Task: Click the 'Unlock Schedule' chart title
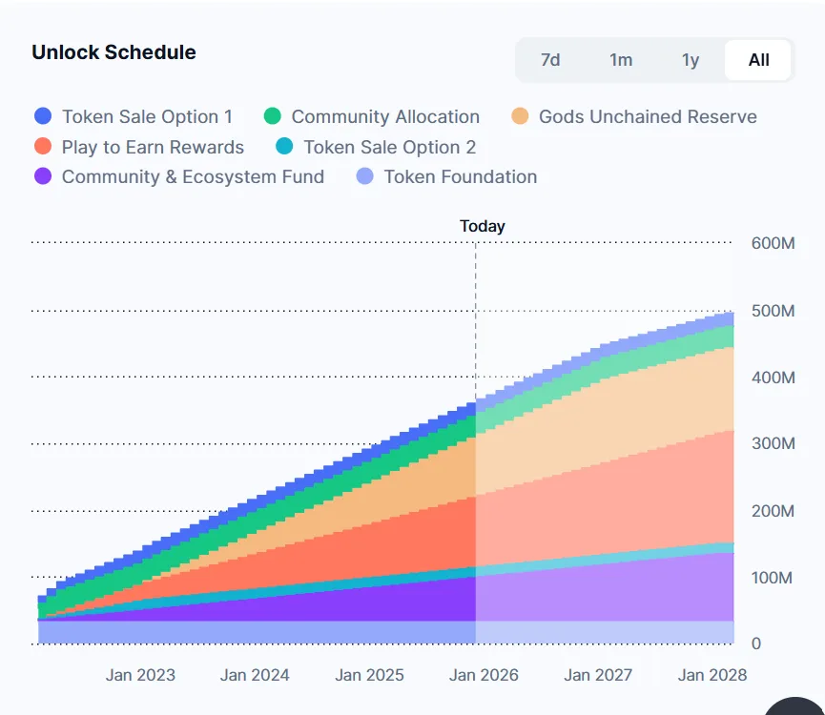[113, 52]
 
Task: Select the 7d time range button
[550, 60]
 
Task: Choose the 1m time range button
[621, 60]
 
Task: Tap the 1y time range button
[691, 60]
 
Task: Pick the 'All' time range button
[758, 60]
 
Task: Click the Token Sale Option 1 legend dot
[43, 116]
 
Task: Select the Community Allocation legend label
[385, 116]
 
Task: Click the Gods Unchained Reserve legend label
[648, 116]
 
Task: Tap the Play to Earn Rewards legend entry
[153, 147]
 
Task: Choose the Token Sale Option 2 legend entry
[389, 147]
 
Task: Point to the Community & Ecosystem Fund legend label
[193, 176]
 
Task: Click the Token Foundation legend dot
[364, 176]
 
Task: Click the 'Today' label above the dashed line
[483, 226]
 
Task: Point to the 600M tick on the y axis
[773, 244]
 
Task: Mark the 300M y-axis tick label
[773, 444]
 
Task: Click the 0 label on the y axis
[756, 644]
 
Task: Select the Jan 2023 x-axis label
[140, 675]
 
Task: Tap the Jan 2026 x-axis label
[484, 675]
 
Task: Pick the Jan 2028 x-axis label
[712, 675]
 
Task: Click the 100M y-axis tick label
[773, 578]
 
